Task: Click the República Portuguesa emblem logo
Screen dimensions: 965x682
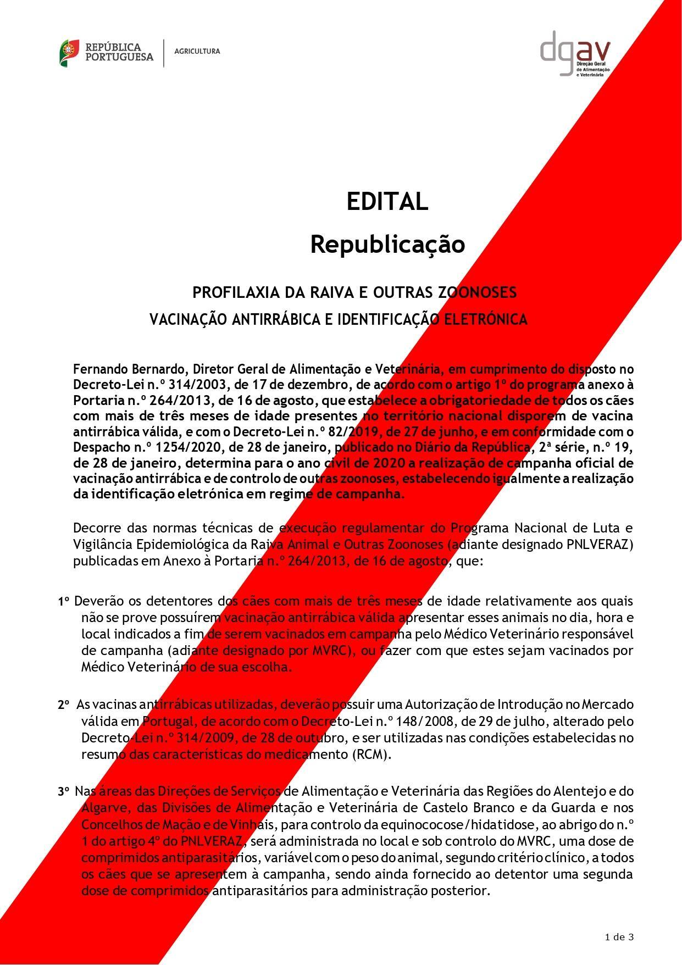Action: point(70,53)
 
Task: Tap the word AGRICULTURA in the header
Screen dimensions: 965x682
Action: point(197,51)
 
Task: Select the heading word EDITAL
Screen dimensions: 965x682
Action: point(387,202)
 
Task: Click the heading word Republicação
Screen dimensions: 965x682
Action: point(387,244)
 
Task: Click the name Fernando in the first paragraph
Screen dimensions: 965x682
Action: point(99,368)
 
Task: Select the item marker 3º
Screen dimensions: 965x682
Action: point(63,792)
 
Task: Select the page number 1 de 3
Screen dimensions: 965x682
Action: point(619,937)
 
